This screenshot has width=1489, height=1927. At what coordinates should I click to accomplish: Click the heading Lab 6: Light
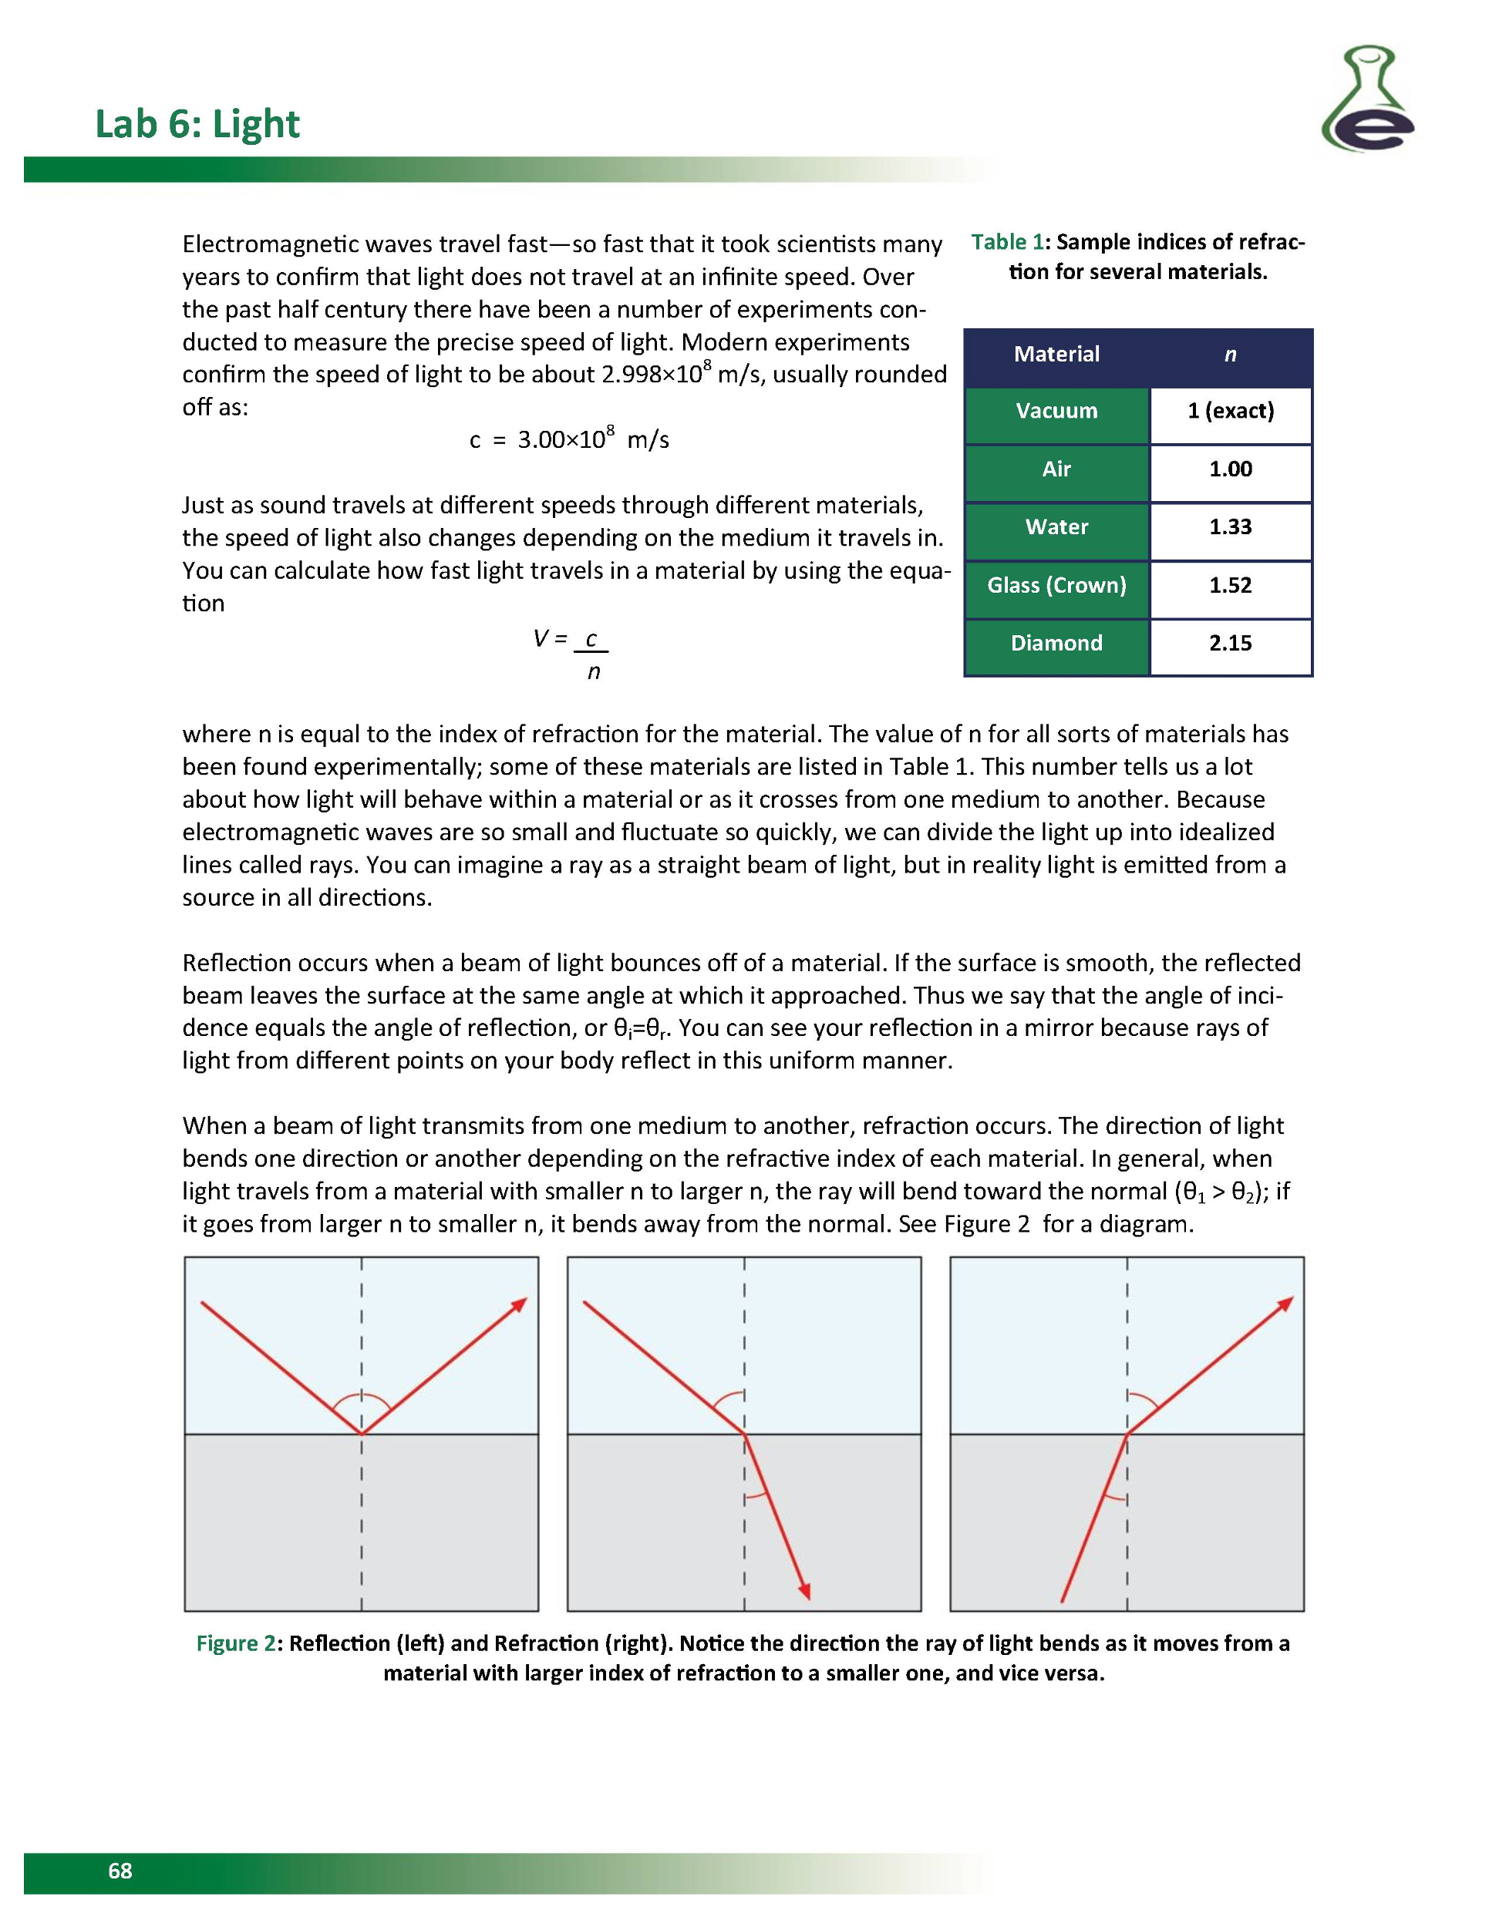197,124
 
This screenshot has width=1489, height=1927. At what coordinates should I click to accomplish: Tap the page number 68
120,1871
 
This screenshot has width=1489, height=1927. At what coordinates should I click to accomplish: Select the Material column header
1056,355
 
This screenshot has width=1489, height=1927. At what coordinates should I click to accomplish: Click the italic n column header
1229,355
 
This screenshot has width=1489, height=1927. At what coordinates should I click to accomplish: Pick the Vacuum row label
1056,411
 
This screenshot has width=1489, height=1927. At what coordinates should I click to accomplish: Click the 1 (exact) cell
1229,411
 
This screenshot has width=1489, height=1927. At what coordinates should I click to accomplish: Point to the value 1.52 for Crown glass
1229,585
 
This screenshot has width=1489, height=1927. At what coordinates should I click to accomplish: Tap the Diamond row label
1056,643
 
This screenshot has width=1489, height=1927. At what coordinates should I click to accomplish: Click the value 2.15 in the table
1229,643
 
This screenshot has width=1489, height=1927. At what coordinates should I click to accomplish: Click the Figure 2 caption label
234,1643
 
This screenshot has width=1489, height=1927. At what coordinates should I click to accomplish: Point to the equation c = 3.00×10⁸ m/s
568,439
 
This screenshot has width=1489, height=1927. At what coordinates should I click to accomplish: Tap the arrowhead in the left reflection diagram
520,1304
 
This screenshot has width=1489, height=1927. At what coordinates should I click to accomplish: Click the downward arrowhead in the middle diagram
804,1590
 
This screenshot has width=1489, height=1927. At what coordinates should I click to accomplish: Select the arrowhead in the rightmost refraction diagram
1286,1303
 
